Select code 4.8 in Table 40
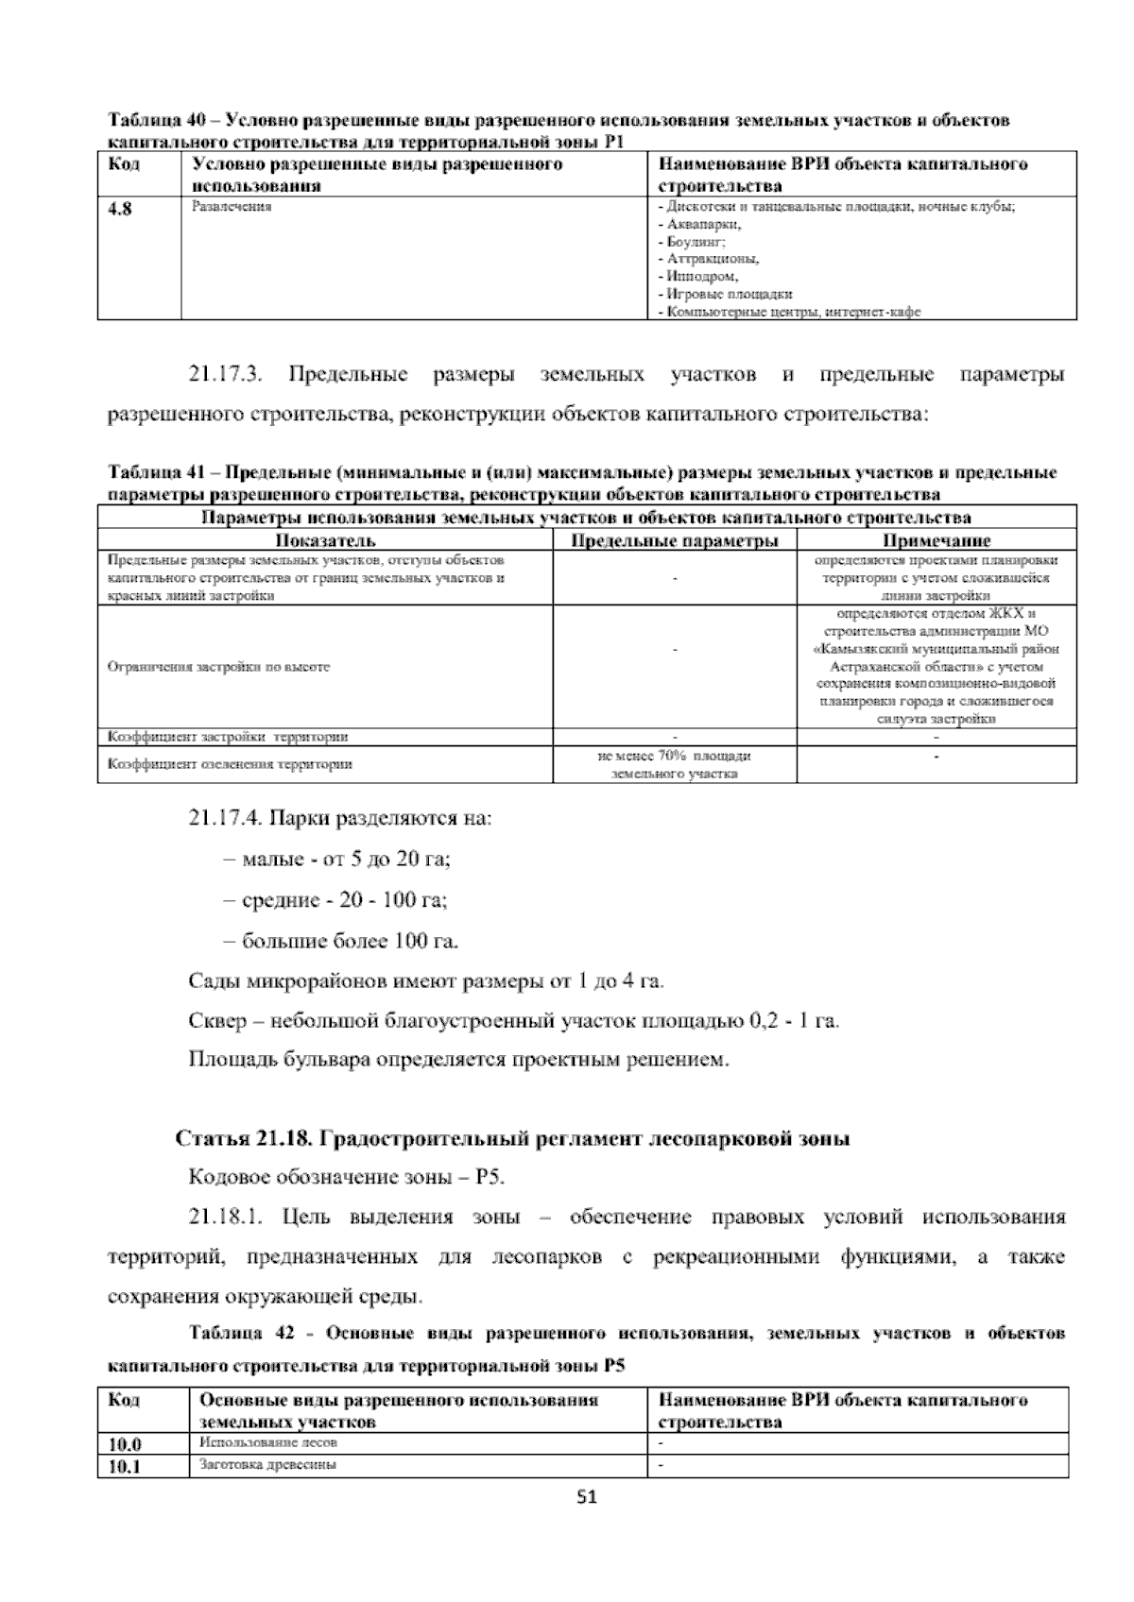coord(120,210)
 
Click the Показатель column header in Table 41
coord(325,541)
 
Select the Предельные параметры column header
coord(675,541)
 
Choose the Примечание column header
coord(936,541)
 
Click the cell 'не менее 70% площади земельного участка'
coord(675,765)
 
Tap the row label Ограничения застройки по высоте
coord(219,667)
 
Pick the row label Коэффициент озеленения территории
coord(231,764)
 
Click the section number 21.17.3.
coord(226,375)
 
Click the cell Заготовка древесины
coord(268,1465)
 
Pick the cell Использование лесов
coord(268,1443)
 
